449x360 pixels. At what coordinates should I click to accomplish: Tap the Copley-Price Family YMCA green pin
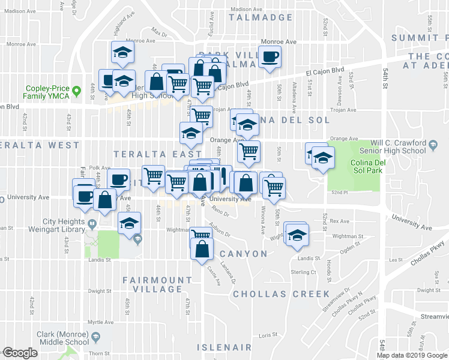pos(76,92)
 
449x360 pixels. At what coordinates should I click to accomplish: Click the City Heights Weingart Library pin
pos(91,224)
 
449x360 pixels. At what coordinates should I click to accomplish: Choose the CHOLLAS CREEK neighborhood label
pos(282,294)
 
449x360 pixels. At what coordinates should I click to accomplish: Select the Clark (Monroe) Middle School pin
pos(95,340)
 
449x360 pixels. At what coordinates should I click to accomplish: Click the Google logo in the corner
pos(20,353)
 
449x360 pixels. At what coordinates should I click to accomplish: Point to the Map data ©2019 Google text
pos(412,355)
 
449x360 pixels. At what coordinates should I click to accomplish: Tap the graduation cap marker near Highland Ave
pos(122,53)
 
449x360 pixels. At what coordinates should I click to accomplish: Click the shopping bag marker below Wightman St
pos(202,248)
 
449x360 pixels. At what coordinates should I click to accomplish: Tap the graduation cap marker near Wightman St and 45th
pos(129,224)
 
